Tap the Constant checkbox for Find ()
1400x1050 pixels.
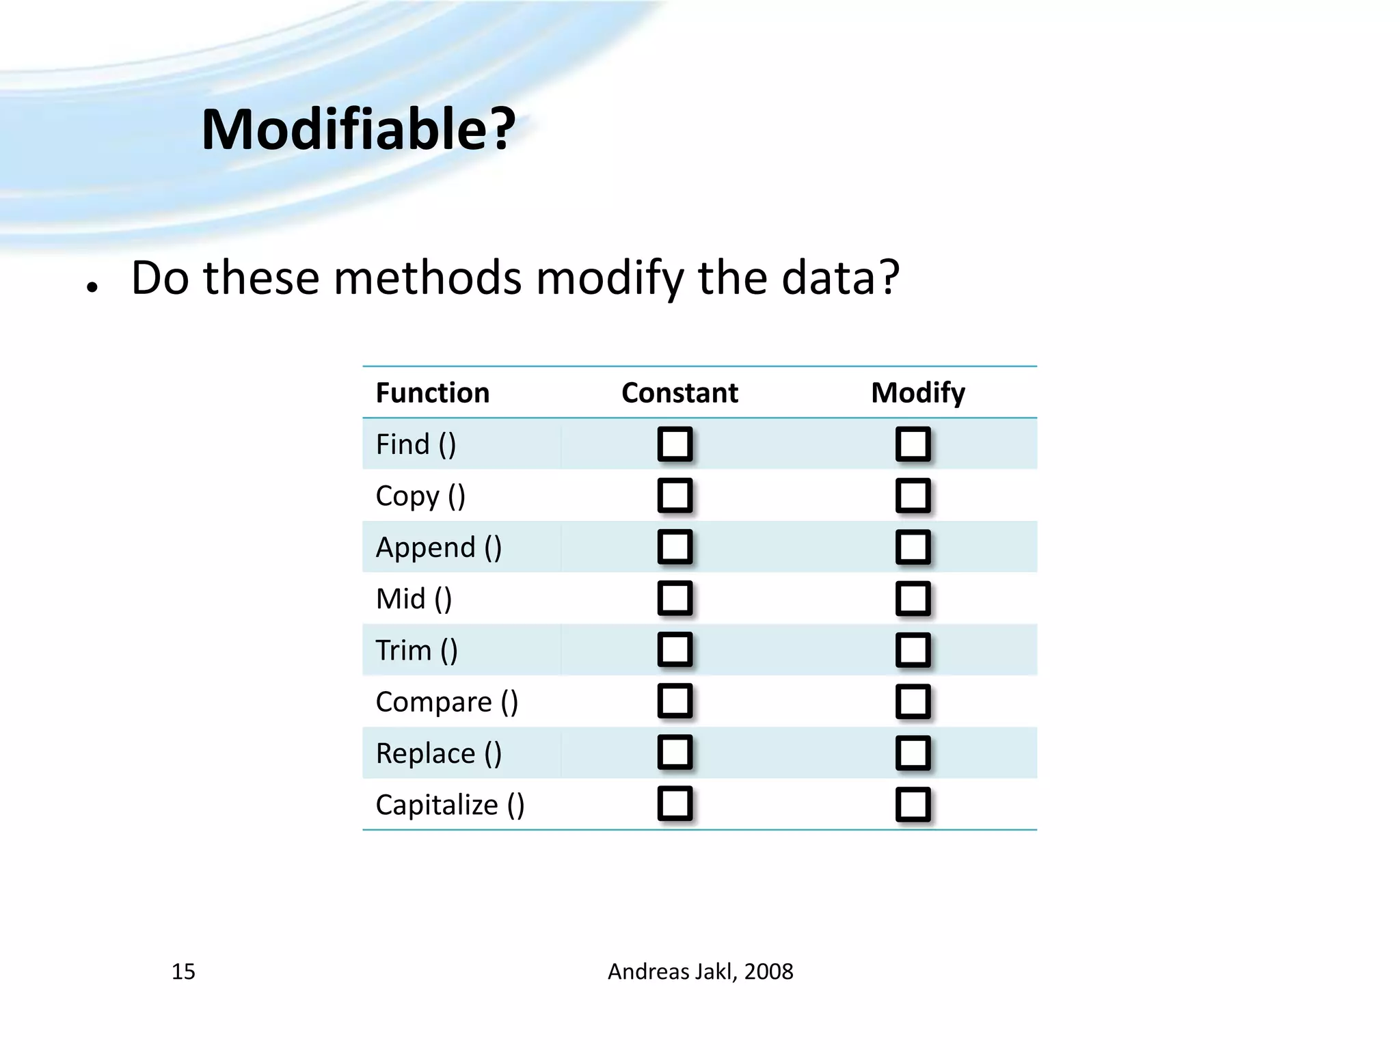pyautogui.click(x=675, y=444)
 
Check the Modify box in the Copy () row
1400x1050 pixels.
pyautogui.click(x=913, y=496)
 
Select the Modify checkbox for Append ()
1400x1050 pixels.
pyautogui.click(x=913, y=547)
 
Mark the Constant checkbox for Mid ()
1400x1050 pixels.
pyautogui.click(x=675, y=598)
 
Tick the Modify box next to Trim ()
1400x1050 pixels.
pyautogui.click(x=913, y=650)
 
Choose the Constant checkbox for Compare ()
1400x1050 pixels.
pyautogui.click(x=675, y=701)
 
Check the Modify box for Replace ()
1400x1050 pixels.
pyautogui.click(x=913, y=753)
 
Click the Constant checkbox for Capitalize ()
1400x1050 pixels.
pyautogui.click(x=675, y=804)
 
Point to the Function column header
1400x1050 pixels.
pyautogui.click(x=432, y=393)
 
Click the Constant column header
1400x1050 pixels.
pyautogui.click(x=679, y=393)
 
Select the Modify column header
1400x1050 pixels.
pyautogui.click(x=917, y=393)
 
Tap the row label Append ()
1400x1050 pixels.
pyautogui.click(x=438, y=548)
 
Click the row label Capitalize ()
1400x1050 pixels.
pyautogui.click(x=450, y=805)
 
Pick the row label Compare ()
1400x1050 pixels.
pyautogui.click(x=446, y=702)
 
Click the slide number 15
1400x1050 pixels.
pyautogui.click(x=183, y=971)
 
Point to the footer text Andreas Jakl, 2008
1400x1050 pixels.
pyautogui.click(x=700, y=971)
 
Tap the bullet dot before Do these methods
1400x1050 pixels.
pyautogui.click(x=92, y=288)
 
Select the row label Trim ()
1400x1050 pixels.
pyautogui.click(x=416, y=650)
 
